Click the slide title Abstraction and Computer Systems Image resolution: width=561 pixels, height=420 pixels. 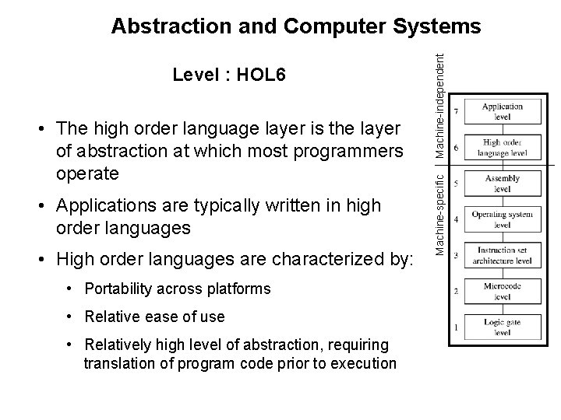click(x=296, y=26)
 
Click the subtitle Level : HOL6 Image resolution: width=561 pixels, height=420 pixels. click(x=229, y=75)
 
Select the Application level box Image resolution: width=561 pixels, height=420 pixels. click(x=502, y=111)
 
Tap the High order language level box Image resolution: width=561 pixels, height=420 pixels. click(x=502, y=148)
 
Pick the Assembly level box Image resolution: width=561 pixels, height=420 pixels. click(x=502, y=184)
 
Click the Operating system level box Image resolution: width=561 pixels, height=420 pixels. click(x=502, y=219)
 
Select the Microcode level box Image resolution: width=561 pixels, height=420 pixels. click(x=502, y=292)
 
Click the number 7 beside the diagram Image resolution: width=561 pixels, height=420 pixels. click(x=456, y=112)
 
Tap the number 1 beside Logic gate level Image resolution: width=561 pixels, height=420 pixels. click(x=456, y=327)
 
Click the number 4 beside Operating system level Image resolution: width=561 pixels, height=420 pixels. click(x=456, y=220)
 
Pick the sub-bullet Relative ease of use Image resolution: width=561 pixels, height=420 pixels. click(x=156, y=317)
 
